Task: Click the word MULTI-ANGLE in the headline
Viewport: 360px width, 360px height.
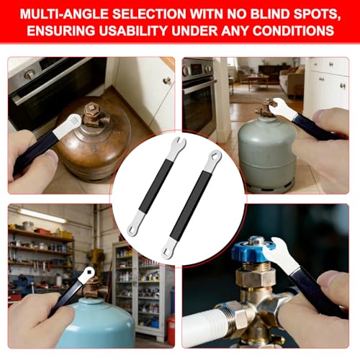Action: [64, 14]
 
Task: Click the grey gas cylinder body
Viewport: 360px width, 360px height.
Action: [266, 153]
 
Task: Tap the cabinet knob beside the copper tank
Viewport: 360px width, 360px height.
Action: [167, 81]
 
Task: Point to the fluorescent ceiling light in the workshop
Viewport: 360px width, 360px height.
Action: [43, 215]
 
